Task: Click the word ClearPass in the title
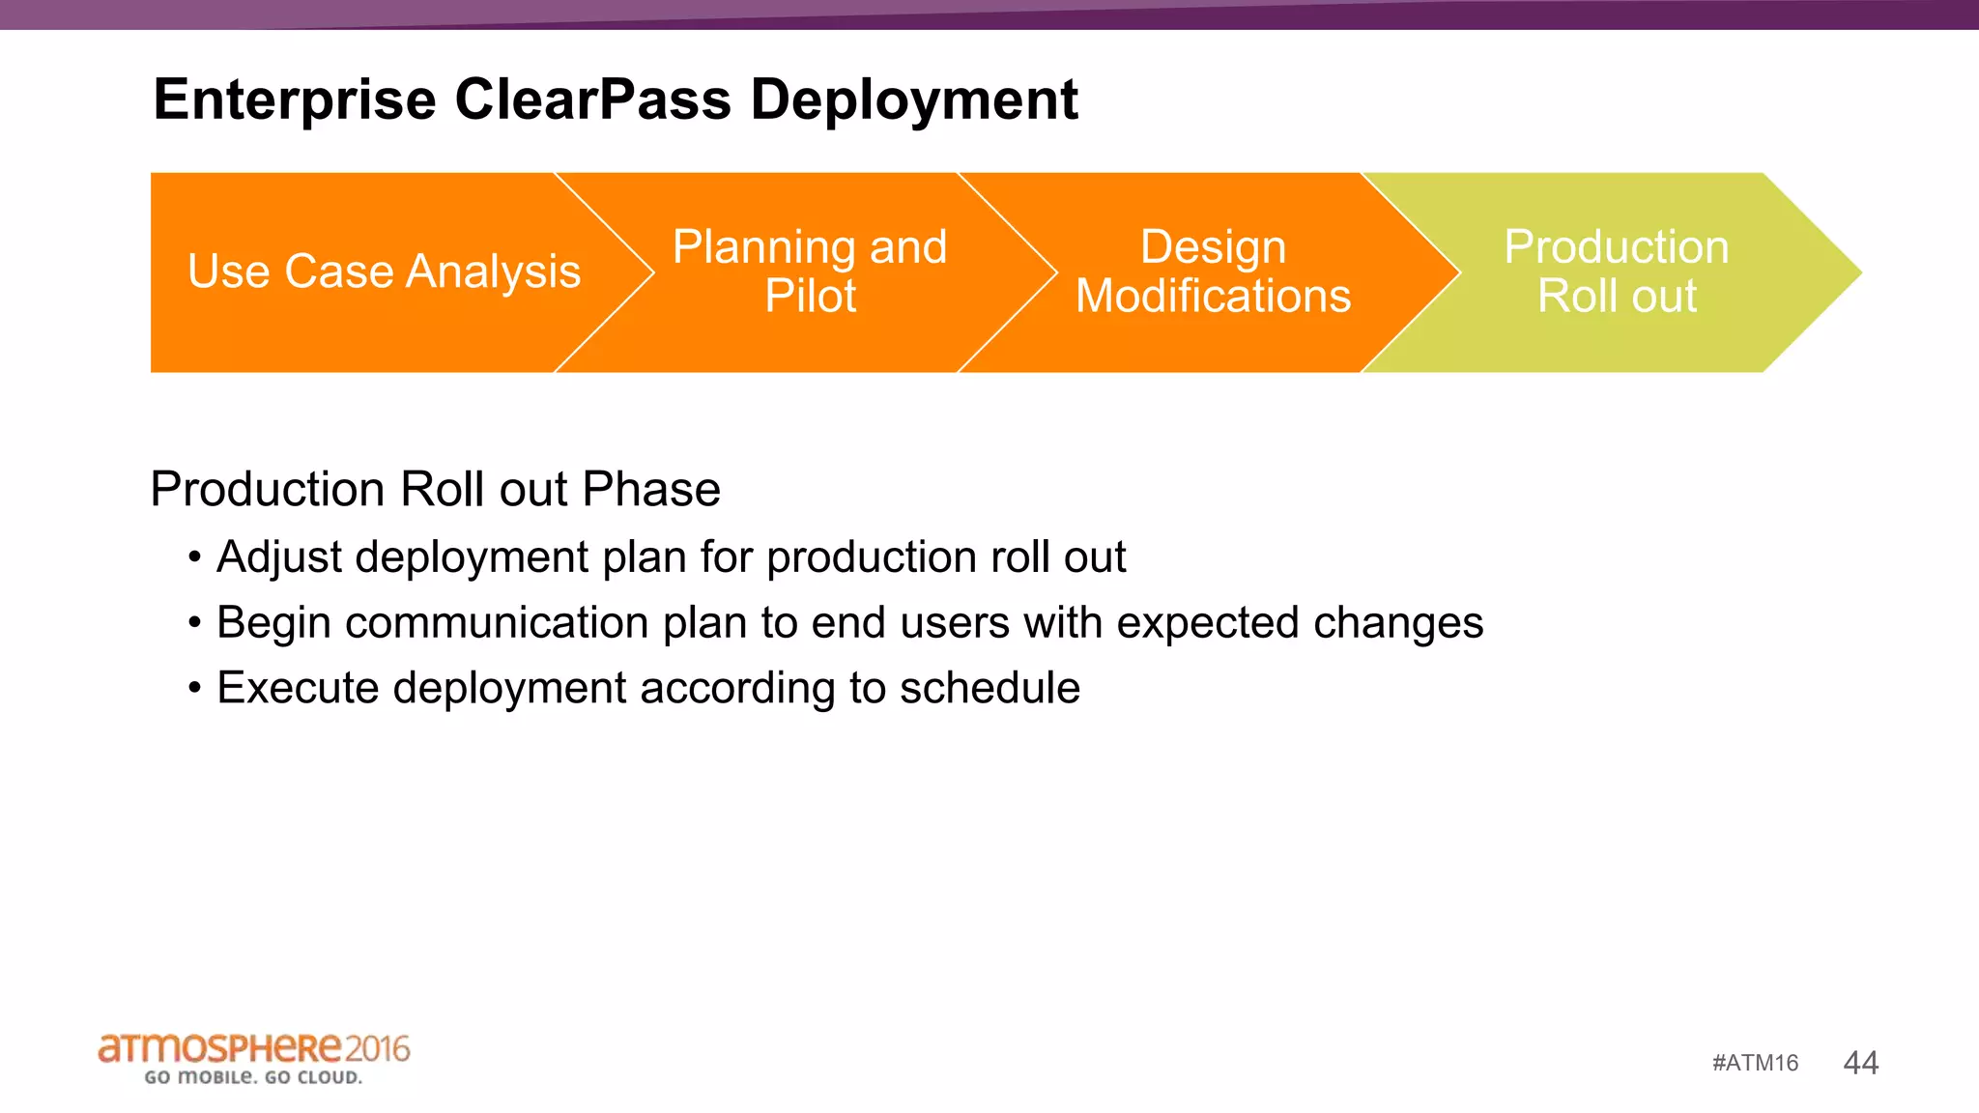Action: (592, 100)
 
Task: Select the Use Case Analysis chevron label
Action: (384, 271)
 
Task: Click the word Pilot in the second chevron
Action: (810, 296)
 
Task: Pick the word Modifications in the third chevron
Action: (1213, 296)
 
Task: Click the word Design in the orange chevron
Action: (1213, 247)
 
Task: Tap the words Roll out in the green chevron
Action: (1617, 296)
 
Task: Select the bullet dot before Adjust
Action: (195, 557)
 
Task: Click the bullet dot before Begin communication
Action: (195, 623)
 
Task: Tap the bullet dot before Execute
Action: (195, 689)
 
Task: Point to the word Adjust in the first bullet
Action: (279, 558)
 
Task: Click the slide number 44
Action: (1860, 1063)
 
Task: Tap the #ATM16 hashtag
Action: (1755, 1064)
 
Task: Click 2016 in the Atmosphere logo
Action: (377, 1048)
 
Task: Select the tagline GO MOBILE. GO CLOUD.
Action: (253, 1077)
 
